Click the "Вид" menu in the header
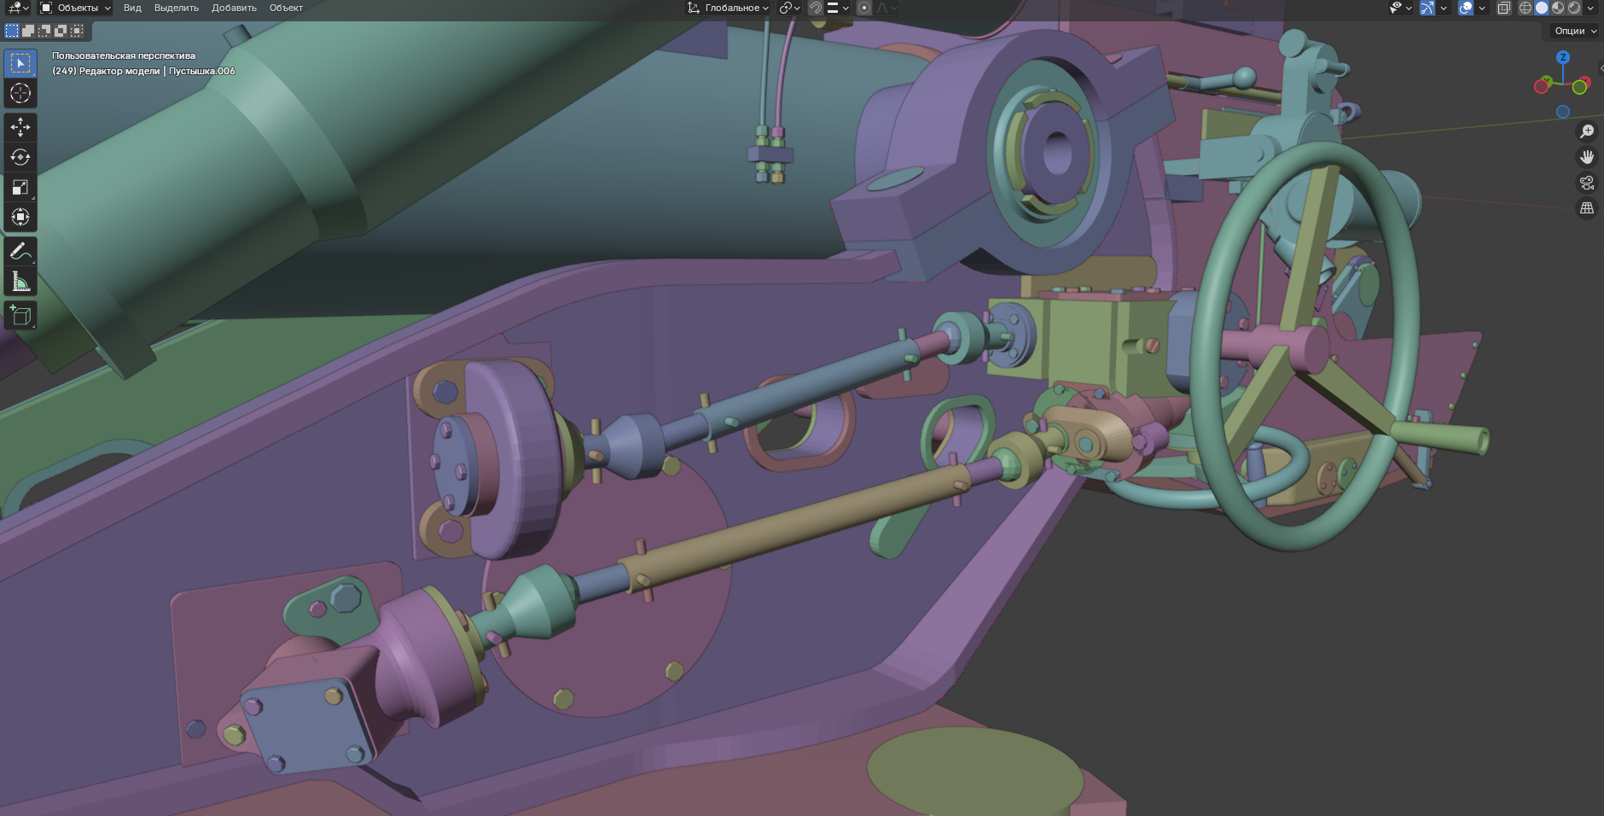132,8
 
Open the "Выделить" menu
176,8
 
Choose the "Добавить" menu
234,8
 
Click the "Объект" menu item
286,8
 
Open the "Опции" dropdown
1575,31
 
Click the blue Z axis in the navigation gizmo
1562,57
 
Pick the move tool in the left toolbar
20,127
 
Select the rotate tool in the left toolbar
20,157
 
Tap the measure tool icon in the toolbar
20,282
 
